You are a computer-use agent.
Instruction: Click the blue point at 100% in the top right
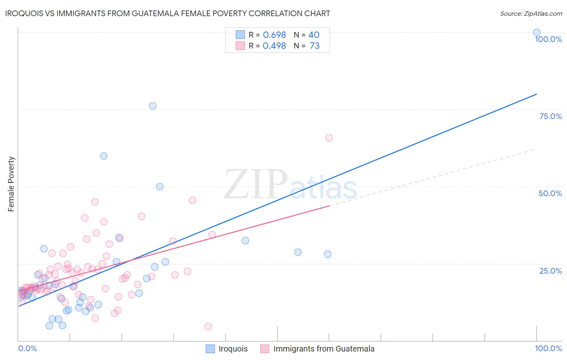click(x=536, y=32)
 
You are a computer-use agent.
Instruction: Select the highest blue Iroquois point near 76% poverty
click(x=152, y=106)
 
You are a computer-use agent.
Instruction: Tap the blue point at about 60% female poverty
click(x=104, y=156)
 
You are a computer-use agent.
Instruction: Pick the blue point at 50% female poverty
click(x=160, y=186)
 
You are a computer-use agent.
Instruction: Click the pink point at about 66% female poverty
click(x=329, y=138)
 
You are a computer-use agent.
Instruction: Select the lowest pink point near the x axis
click(x=208, y=326)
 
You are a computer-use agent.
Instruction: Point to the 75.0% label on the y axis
click(x=550, y=116)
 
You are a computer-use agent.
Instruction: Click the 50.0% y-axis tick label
click(x=550, y=193)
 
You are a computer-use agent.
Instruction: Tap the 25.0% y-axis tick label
click(x=550, y=271)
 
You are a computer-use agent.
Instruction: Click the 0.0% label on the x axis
click(x=27, y=348)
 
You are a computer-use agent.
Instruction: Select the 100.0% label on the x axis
click(x=548, y=348)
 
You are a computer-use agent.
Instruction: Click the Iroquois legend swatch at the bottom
click(x=210, y=349)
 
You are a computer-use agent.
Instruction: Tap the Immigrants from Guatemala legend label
click(x=324, y=349)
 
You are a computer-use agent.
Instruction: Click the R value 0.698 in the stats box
click(x=274, y=35)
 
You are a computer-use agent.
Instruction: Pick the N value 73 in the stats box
click(x=315, y=46)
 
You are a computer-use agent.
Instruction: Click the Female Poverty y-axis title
click(x=11, y=184)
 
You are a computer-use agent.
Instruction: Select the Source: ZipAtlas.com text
click(x=531, y=14)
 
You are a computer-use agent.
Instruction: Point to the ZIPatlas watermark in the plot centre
click(x=290, y=185)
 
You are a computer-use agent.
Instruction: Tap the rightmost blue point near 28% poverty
click(x=327, y=254)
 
